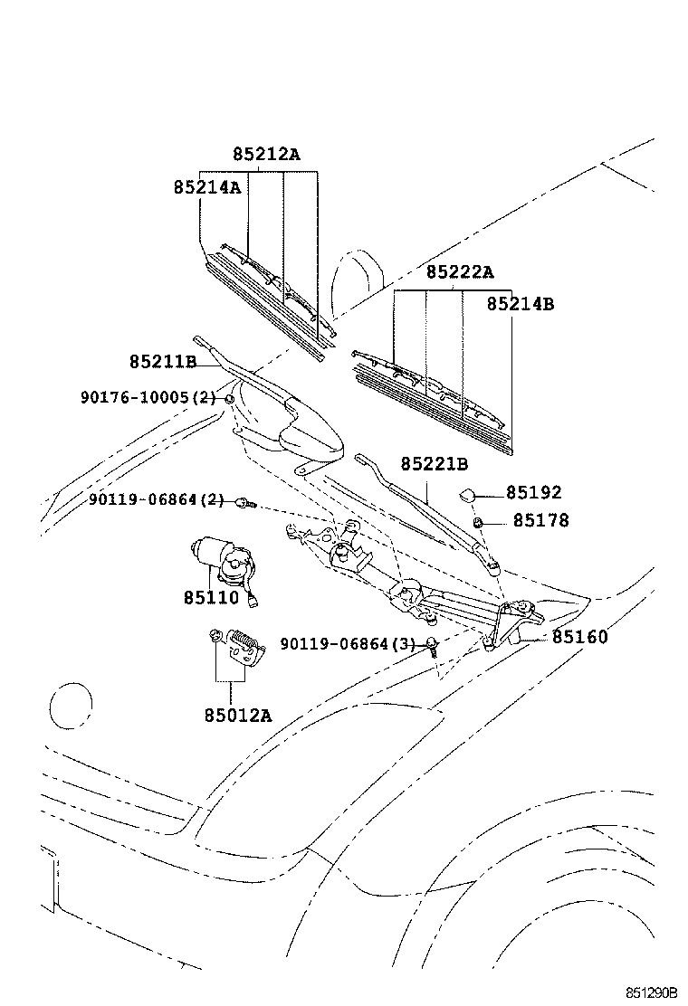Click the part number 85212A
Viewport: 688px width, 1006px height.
pyautogui.click(x=265, y=155)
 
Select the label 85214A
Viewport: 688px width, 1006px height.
pyautogui.click(x=206, y=187)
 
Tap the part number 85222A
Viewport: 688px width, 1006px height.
pyautogui.click(x=460, y=272)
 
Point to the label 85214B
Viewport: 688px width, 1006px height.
pyautogui.click(x=520, y=304)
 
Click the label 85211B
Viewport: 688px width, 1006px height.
pyautogui.click(x=163, y=362)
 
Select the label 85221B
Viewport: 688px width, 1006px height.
pyautogui.click(x=435, y=465)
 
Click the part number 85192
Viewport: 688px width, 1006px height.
pyautogui.click(x=533, y=493)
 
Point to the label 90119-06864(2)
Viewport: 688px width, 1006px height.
pyautogui.click(x=156, y=500)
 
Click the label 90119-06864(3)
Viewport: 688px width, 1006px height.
pyautogui.click(x=347, y=643)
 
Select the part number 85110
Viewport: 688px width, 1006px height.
pyautogui.click(x=211, y=597)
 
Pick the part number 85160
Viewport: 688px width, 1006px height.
pyautogui.click(x=580, y=637)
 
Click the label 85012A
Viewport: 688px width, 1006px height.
pyautogui.click(x=237, y=715)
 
